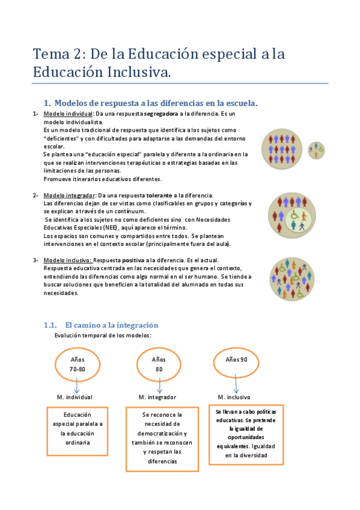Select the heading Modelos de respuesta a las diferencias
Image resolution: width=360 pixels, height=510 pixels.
151,103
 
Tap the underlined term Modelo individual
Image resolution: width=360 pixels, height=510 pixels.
68,114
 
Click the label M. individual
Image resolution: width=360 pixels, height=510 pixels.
75,398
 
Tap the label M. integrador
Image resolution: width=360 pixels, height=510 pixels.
157,398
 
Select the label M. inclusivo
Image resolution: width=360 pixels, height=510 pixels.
234,398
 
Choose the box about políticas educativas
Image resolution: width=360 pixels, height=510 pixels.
246,434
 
